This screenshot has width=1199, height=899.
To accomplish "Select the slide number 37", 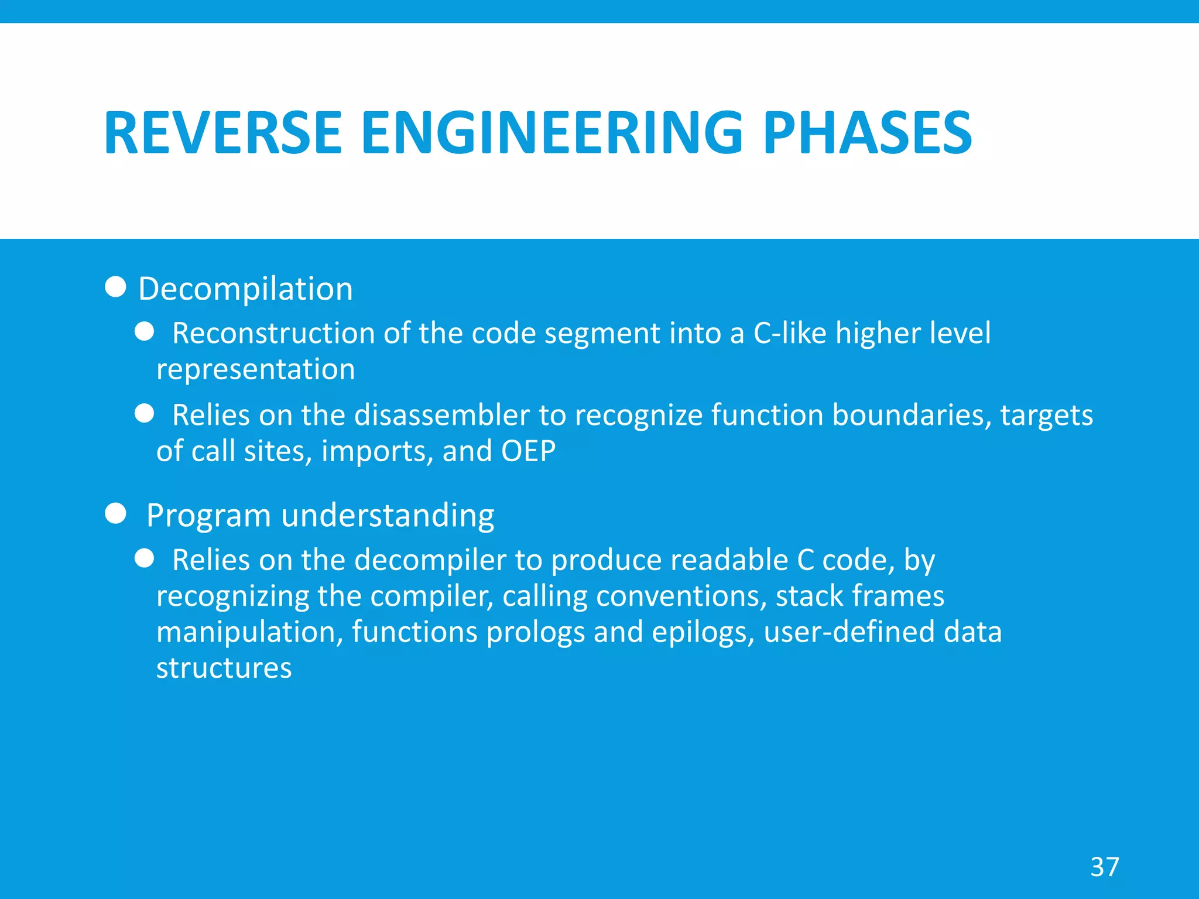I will tap(1104, 867).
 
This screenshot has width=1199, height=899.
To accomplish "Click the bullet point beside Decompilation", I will tap(115, 287).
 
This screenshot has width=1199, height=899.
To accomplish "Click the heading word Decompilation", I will tap(245, 289).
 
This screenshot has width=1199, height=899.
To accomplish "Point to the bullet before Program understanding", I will tap(115, 513).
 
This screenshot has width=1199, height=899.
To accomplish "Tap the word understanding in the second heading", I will tap(388, 516).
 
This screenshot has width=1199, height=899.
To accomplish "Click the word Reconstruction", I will tap(273, 334).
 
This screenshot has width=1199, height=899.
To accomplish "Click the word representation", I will tap(255, 370).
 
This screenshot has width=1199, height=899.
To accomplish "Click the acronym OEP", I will tap(528, 451).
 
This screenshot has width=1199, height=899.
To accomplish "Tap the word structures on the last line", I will tap(224, 668).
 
